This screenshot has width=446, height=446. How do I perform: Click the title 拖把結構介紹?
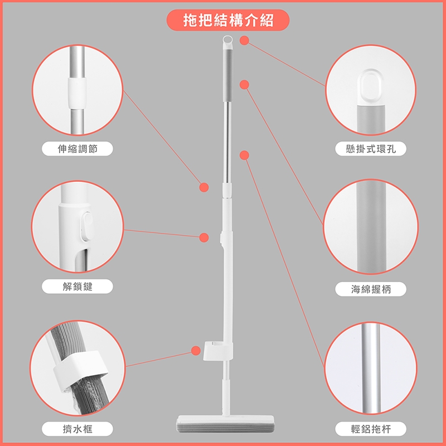tap(228, 20)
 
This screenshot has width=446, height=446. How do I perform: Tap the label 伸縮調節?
tap(77, 148)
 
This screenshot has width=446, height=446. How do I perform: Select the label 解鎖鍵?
tap(77, 286)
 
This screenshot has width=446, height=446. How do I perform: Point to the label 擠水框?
tap(77, 429)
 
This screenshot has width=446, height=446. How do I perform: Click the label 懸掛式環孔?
tap(371, 148)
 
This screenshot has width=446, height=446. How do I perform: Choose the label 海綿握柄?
tap(371, 289)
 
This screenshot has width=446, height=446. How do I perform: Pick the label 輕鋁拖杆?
tap(371, 429)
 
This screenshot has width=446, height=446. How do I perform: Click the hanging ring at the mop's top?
tap(227, 41)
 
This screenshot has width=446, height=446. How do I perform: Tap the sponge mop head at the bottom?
tap(225, 425)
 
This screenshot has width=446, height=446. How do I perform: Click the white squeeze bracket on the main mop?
tap(218, 351)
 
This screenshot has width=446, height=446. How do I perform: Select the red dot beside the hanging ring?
tap(244, 40)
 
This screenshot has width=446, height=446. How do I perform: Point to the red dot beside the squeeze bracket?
tap(196, 351)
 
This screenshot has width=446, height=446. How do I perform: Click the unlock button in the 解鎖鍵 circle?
tap(88, 227)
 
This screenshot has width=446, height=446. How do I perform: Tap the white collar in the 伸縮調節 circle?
tap(76, 93)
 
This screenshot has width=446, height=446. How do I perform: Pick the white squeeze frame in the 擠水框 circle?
tap(80, 370)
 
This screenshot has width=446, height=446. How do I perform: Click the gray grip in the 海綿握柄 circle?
tap(371, 227)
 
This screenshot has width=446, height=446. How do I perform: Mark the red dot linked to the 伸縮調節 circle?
tap(204, 187)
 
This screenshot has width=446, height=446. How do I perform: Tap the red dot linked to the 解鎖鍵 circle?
tap(204, 237)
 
